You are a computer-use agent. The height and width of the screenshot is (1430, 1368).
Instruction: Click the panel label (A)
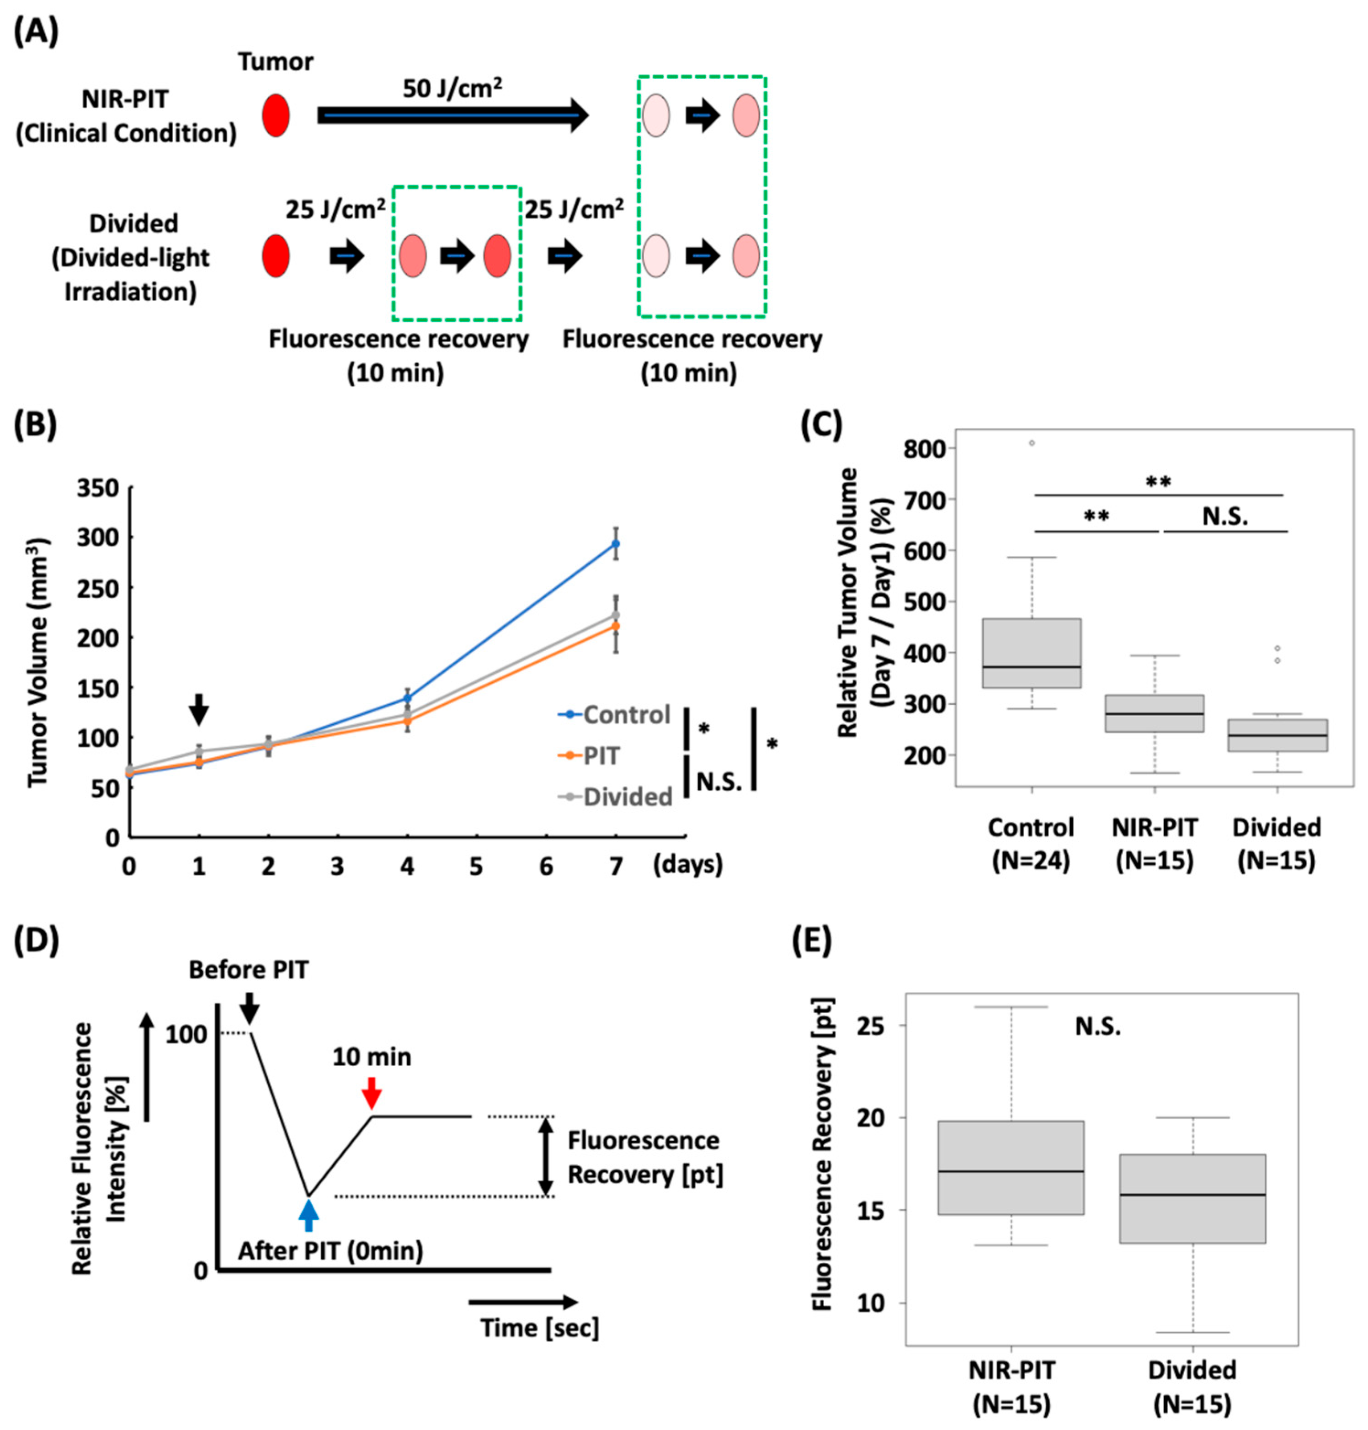(x=36, y=33)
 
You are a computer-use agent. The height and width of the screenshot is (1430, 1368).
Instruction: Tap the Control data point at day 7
(x=616, y=543)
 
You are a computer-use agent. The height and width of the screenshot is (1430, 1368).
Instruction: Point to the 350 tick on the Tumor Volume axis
(x=98, y=487)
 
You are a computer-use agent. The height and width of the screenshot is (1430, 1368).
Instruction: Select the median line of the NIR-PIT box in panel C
(x=1155, y=713)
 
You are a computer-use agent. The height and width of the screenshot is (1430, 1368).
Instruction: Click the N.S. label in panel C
(x=1225, y=516)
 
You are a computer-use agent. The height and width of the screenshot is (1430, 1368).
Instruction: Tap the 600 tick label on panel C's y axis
(x=925, y=551)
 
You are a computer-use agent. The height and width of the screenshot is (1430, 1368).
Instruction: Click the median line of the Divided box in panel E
(x=1192, y=1195)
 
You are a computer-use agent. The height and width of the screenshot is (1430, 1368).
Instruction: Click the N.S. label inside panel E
(x=1097, y=1027)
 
